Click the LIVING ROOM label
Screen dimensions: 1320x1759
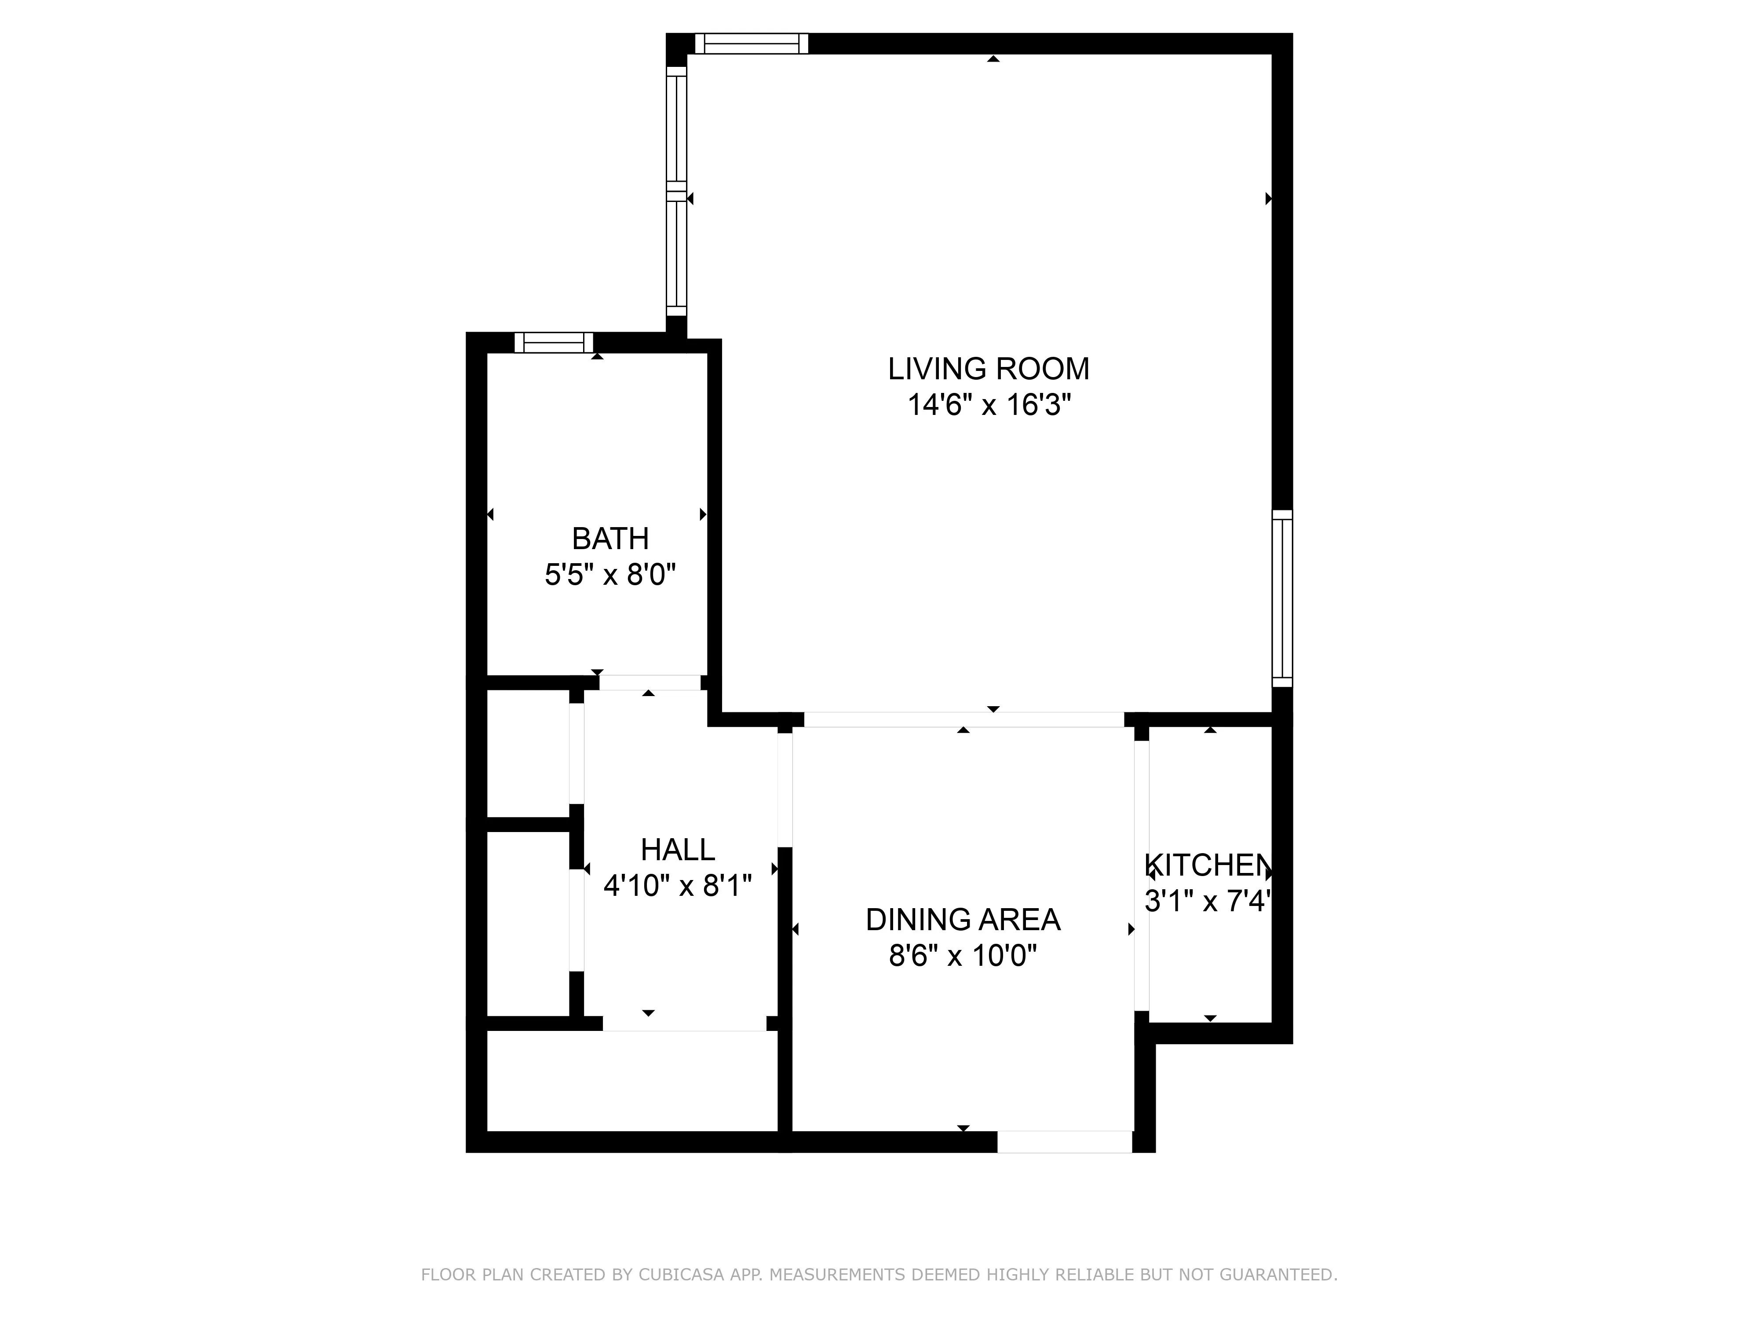coord(989,369)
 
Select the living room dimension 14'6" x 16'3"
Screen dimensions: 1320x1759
coord(989,406)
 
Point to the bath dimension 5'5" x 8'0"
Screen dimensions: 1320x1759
coord(610,575)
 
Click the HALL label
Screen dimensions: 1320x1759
coord(678,850)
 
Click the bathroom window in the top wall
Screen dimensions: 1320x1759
coord(554,343)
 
